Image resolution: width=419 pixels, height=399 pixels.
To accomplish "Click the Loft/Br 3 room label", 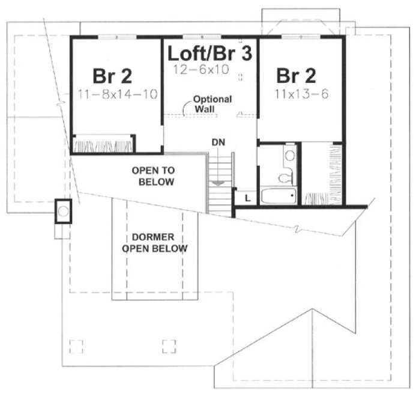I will coord(208,52).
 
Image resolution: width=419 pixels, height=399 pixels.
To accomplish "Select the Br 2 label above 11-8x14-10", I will coord(112,76).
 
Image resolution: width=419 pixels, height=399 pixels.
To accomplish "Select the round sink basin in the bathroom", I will coord(290,156).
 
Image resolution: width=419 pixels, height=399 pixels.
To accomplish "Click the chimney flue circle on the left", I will coord(63,211).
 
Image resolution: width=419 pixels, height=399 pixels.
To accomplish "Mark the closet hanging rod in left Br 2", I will coord(102,145).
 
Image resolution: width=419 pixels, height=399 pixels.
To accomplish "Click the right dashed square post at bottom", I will coord(169,346).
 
